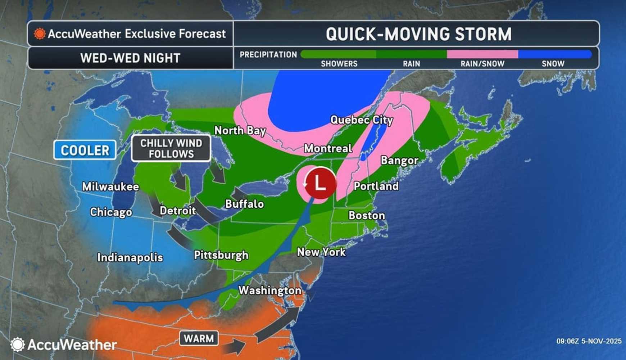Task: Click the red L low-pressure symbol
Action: (320, 183)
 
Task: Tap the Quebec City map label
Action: (361, 120)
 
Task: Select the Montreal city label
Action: (328, 148)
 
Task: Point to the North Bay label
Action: (240, 130)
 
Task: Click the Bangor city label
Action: (399, 160)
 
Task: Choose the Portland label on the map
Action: (376, 186)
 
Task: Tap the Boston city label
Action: (367, 216)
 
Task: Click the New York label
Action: (321, 252)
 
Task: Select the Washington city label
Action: (270, 291)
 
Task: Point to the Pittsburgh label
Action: (221, 255)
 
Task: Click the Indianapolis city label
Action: (130, 258)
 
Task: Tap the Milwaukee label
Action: (110, 186)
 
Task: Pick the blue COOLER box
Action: (85, 150)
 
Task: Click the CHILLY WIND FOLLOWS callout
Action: (171, 148)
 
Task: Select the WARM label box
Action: (199, 338)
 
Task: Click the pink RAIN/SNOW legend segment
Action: (482, 55)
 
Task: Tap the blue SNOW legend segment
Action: (554, 55)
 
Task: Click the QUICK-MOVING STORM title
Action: (418, 34)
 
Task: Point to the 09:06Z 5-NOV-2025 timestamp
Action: (589, 341)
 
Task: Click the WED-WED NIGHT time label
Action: (130, 58)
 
